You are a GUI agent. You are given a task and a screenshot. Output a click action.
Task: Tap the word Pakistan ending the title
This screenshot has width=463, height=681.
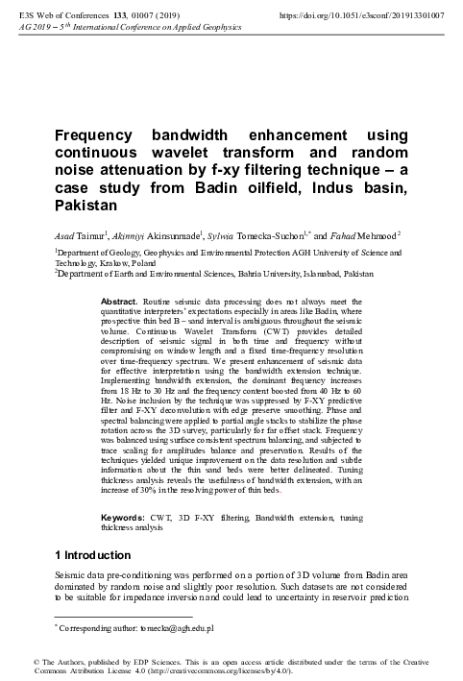[85, 206]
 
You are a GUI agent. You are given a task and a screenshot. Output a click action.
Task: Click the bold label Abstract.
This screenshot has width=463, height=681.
[119, 302]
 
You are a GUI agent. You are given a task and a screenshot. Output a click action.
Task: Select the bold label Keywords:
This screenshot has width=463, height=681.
[124, 517]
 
